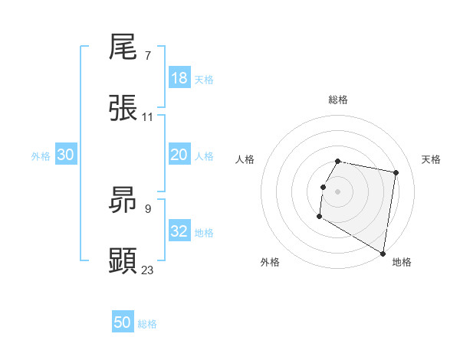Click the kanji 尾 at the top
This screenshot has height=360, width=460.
pos(123,48)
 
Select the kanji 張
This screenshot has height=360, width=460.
pos(123,108)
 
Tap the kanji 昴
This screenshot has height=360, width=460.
pos(123,200)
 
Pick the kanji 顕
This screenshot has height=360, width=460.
pos(123,260)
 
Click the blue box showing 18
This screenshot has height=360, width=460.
pos(179,78)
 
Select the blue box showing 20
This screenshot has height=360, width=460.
pos(179,155)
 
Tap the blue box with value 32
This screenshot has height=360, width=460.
pos(179,231)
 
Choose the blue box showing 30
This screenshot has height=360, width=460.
pos(66,155)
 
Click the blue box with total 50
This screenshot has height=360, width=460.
pos(123,322)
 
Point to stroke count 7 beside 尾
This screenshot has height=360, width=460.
pos(147,56)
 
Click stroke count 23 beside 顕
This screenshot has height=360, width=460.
pos(148,269)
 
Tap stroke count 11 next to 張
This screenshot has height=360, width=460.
pos(148,116)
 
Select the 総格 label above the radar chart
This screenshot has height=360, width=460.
pos(338,100)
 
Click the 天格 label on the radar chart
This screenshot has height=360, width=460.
pos(432,159)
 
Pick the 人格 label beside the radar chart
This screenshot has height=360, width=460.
pos(245,159)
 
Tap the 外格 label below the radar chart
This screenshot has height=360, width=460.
pos(270,263)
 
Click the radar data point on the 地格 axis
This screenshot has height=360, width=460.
pos(383,254)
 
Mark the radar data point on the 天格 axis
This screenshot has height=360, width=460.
pos(396,172)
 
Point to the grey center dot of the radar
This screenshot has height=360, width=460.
pos(338,191)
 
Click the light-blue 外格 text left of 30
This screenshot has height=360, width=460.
pos(41,155)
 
